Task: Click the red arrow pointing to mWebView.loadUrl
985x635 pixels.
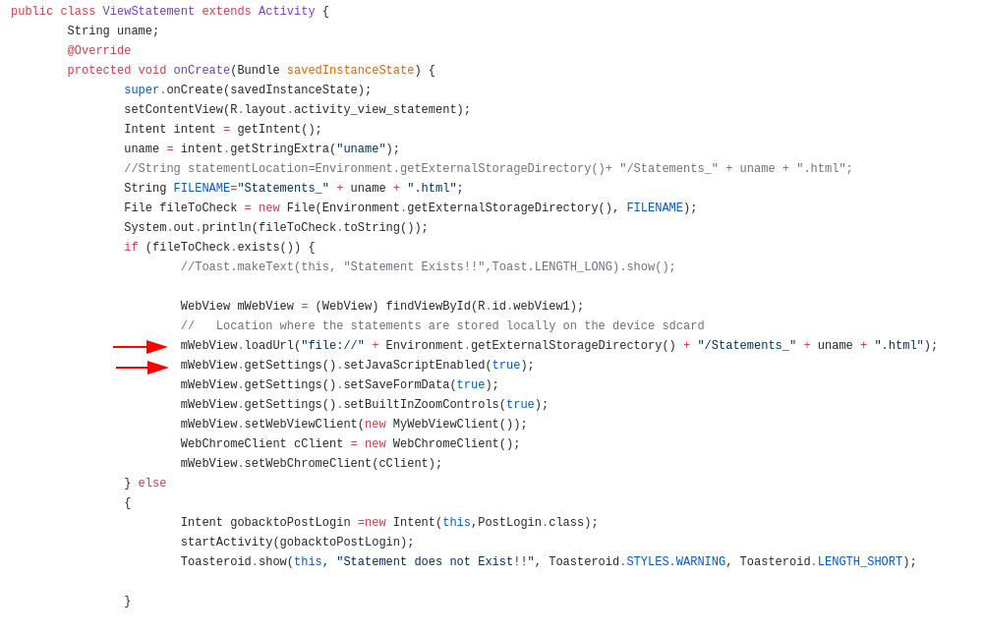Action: point(140,347)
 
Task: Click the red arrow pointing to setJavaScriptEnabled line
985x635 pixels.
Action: point(142,368)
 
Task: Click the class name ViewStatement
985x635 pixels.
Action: point(148,12)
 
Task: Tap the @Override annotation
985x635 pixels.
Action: point(99,51)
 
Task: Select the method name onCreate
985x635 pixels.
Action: point(202,71)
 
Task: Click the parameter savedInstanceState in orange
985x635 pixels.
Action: point(350,71)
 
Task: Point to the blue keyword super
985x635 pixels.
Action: point(142,90)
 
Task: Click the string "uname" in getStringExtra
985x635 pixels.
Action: point(361,149)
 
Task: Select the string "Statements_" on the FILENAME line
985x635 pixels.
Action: point(283,189)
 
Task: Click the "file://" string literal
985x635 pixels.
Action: point(332,346)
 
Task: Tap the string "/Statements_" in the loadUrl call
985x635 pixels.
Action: point(747,346)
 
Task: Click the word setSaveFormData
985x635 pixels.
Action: point(396,385)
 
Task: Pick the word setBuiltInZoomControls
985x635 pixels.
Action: point(421,405)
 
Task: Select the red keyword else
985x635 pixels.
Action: point(152,484)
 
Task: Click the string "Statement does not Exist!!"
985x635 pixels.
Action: point(435,562)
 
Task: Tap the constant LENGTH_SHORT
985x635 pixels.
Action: point(860,562)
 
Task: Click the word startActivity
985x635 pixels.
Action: point(226,543)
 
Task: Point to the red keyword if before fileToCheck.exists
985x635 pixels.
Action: point(131,248)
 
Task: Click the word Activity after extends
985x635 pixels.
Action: point(287,12)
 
